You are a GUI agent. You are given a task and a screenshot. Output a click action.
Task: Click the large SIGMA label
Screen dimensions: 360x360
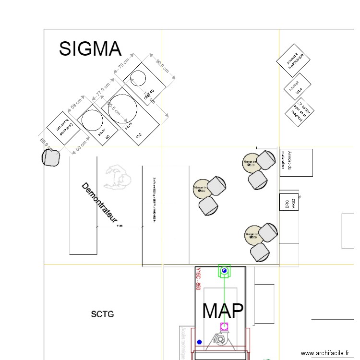pyautogui.click(x=90, y=49)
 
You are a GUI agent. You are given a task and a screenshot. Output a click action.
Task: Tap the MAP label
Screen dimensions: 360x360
pyautogui.click(x=223, y=311)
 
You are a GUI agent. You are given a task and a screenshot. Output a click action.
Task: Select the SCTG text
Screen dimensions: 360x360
pyautogui.click(x=102, y=314)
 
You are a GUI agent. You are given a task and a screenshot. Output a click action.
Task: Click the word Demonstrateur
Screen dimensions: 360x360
pyautogui.click(x=99, y=203)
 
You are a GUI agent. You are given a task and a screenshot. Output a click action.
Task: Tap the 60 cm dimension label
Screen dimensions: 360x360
pyautogui.click(x=81, y=144)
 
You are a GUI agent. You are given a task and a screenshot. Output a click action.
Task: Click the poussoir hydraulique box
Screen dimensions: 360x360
pyautogui.click(x=293, y=61)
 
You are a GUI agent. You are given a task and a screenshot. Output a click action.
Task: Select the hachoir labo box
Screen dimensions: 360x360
pyautogui.click(x=297, y=86)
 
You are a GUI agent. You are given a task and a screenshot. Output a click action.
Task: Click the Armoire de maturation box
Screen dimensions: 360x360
pyautogui.click(x=296, y=162)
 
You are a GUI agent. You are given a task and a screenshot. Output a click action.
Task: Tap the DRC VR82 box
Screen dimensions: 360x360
pyautogui.click(x=289, y=204)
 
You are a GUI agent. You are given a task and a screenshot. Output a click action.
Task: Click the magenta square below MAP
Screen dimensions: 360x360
pyautogui.click(x=224, y=327)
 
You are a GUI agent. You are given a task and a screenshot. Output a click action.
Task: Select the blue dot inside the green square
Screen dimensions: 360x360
pyautogui.click(x=224, y=272)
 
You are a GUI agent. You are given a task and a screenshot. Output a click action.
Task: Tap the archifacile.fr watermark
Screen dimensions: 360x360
pyautogui.click(x=326, y=353)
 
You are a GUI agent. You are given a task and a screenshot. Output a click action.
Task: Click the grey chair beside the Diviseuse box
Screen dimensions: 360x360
pyautogui.click(x=50, y=157)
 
